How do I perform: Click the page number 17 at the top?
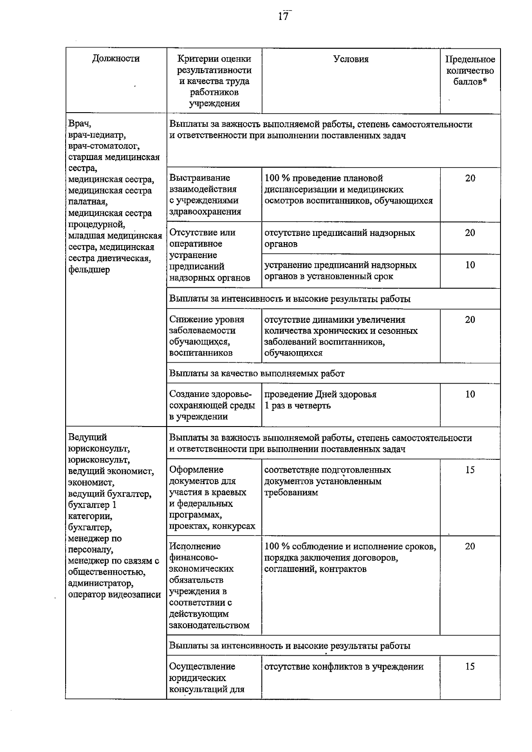coord(283,16)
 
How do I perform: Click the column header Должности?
coord(116,59)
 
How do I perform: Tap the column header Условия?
coord(351,59)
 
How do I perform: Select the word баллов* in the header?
coord(470,82)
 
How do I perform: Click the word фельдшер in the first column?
coord(89,270)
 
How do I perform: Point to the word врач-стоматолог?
coord(104,145)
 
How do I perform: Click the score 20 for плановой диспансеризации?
coord(470,178)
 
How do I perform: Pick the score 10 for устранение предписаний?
coord(470,265)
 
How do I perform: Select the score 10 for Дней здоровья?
coord(470,394)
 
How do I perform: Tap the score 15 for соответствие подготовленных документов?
coord(470,470)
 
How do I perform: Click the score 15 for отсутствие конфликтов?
coord(470,666)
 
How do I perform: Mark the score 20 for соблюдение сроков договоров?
coord(470,546)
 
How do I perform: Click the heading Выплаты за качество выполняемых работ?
coord(257,373)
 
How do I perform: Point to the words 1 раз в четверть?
coord(297,406)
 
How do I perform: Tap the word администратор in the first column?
coord(101,584)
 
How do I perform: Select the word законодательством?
coord(209,626)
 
